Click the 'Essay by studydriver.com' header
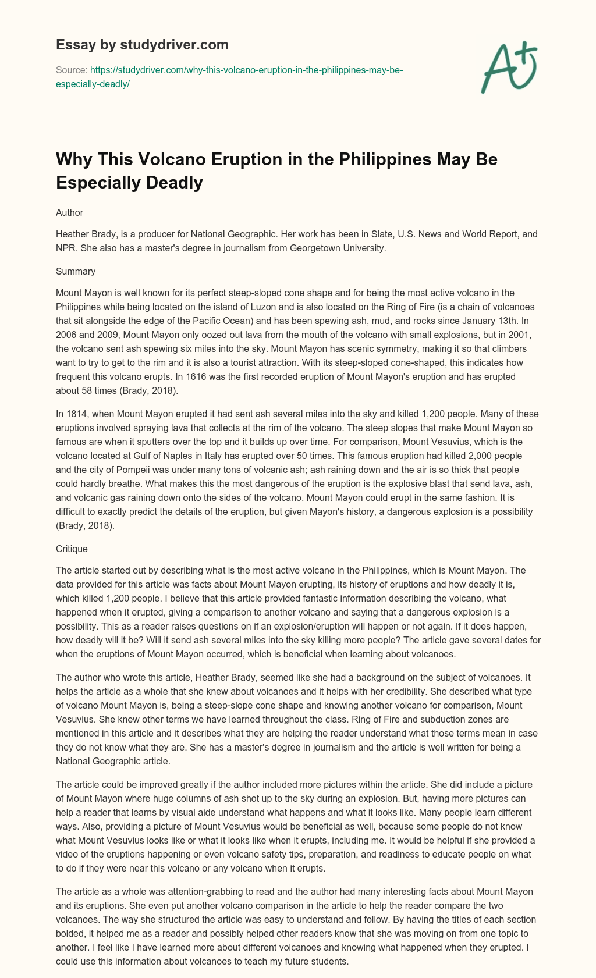coord(142,44)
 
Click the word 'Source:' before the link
coord(71,70)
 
